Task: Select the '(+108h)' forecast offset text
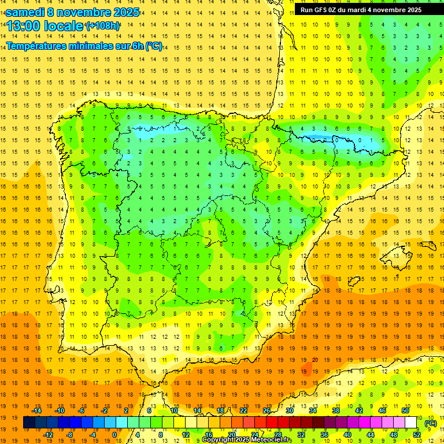pos(102,26)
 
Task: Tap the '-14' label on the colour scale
pos(38,410)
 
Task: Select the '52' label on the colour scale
pos(417,435)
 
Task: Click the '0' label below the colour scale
pos(114,435)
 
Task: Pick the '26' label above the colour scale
pos(267,410)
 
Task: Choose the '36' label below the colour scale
pos(324,435)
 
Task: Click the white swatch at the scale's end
pos(411,423)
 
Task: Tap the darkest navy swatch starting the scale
pos(29,423)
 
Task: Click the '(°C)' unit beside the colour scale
pos(431,423)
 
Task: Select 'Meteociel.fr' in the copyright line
pos(269,440)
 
